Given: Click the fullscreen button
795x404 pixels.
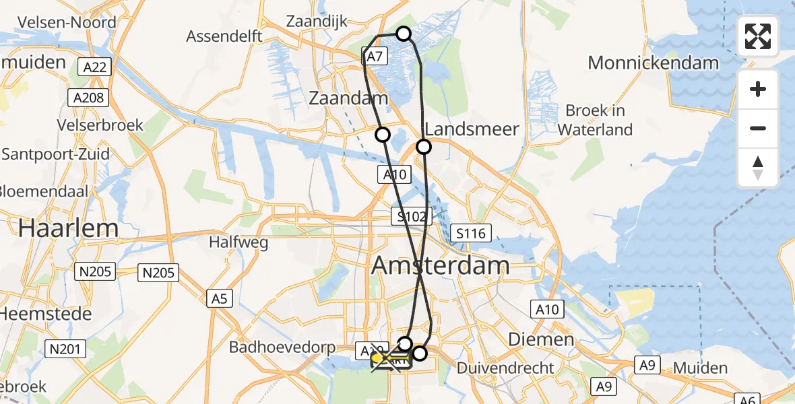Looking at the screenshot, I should click(758, 36).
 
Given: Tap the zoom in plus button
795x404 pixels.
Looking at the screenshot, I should click(758, 90).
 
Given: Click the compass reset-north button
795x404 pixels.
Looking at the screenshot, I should click(758, 168).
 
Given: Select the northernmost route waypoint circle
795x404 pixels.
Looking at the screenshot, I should click(403, 34).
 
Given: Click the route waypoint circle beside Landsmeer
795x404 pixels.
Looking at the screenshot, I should click(424, 146).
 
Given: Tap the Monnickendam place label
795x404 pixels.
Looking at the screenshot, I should click(654, 63).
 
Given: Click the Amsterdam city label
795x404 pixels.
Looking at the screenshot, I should click(440, 265).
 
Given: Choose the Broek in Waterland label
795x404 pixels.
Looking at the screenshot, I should click(595, 120).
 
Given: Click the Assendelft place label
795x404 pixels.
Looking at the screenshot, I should click(224, 36).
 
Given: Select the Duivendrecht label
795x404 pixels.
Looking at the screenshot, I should click(505, 368).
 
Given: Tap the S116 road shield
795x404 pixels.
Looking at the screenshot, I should click(470, 234).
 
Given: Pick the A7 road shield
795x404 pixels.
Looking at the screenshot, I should click(375, 56).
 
